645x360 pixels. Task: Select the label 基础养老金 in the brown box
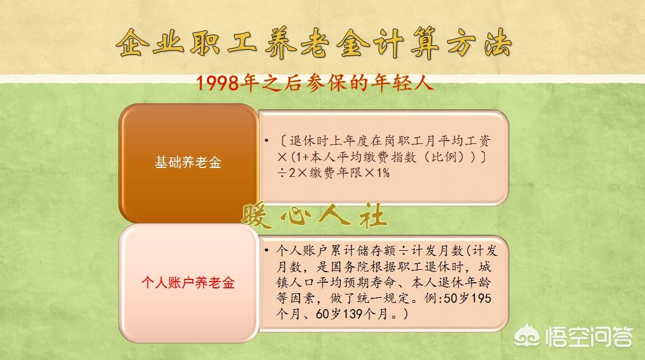click(188, 162)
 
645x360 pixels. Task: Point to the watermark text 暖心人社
click(314, 216)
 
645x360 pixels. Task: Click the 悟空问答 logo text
click(588, 337)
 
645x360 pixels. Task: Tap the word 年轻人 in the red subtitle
click(410, 84)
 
